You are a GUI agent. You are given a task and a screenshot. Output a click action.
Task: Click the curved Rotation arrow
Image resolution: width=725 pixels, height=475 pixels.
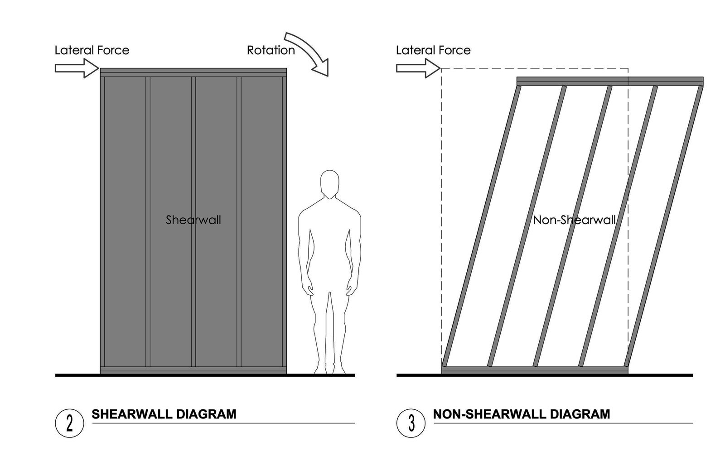(x=308, y=52)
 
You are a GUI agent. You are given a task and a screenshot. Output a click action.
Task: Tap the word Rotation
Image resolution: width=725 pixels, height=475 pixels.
(x=271, y=50)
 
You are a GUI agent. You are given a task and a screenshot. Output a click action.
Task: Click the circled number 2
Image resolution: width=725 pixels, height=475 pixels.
(x=69, y=423)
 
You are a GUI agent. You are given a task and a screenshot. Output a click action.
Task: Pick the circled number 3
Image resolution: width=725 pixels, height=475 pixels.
(x=411, y=423)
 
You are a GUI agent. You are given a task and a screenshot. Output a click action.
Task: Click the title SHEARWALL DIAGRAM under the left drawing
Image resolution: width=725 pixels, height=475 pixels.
(x=164, y=414)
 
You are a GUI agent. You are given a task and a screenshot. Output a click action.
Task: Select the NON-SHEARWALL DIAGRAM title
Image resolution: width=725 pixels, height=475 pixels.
(x=522, y=414)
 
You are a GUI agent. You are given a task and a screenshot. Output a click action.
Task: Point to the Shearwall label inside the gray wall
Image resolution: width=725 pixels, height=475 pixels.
(x=193, y=220)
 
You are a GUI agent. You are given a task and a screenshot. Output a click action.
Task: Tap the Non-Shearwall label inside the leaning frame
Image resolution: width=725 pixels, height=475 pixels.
(x=574, y=220)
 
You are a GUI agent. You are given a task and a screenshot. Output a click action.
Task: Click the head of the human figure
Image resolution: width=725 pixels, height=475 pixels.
(x=329, y=184)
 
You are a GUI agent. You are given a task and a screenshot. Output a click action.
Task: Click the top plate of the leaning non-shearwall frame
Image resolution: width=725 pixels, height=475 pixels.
(x=609, y=81)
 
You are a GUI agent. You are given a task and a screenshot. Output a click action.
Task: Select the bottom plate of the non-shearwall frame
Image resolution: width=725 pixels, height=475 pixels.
(x=535, y=370)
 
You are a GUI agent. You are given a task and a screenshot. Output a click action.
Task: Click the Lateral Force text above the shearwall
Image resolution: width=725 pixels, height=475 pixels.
(x=92, y=50)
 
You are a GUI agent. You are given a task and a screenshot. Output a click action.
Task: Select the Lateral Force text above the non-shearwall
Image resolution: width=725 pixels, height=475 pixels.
(x=433, y=50)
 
